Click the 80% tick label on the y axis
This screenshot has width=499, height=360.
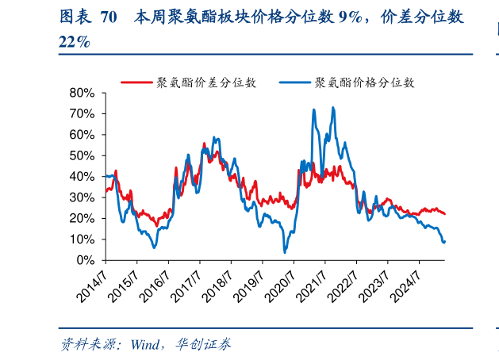[x=83, y=93]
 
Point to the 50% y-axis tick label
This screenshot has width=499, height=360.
[x=83, y=155]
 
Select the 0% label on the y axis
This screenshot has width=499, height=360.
[x=86, y=260]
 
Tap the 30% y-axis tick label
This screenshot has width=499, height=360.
[x=83, y=197]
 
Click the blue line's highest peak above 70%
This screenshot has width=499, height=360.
[x=333, y=108]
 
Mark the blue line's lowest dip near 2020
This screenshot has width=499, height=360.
[x=285, y=252]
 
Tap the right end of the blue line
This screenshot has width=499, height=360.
[x=444, y=241]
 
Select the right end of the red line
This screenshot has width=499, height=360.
[x=445, y=214]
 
